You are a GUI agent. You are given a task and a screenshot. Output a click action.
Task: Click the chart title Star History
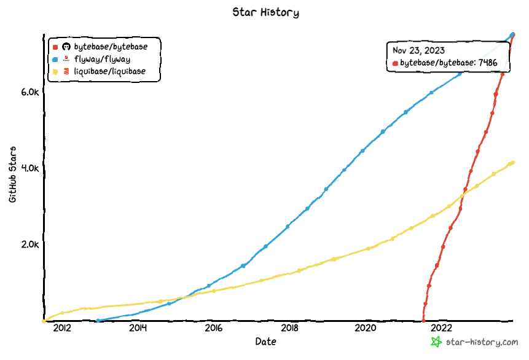pos(265,12)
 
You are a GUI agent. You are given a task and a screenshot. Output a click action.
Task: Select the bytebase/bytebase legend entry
pos(110,46)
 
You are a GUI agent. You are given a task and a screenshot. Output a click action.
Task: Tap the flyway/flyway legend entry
pos(101,59)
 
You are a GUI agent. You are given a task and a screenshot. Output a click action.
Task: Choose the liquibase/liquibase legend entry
pos(109,72)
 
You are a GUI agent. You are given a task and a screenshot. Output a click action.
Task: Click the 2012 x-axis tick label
pos(62,328)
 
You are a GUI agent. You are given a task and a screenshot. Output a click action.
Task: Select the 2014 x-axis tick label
pos(138,328)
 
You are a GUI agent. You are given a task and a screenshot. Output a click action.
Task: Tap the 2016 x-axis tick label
pos(214,328)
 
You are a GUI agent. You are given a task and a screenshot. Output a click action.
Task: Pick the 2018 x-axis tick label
pos(290,328)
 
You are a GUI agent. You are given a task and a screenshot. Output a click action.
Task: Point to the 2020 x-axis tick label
pos(366,328)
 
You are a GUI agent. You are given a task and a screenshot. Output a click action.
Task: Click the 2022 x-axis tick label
pos(442,328)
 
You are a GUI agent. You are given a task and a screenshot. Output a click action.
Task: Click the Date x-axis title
pos(265,342)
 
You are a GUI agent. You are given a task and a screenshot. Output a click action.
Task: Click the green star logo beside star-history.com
pos(436,342)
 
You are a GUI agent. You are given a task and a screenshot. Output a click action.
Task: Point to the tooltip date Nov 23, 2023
pos(418,50)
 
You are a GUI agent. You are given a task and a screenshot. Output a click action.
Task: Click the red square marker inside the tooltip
pos(395,63)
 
